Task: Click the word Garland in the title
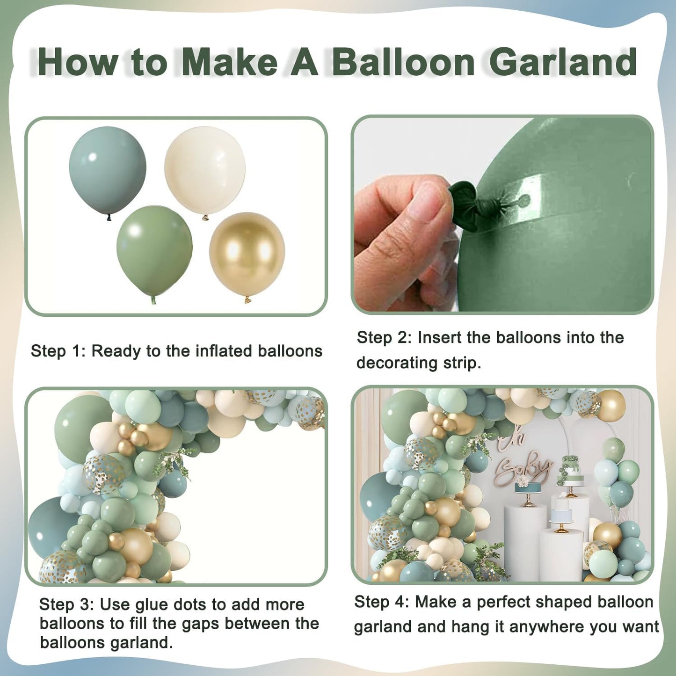coord(563,62)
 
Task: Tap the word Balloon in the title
coord(403,62)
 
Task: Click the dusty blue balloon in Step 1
coord(107,169)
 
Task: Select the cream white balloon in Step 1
coord(205,170)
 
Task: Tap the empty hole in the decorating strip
coord(523,200)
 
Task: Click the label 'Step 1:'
coord(58,351)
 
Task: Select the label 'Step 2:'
coord(384,338)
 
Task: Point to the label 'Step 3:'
coord(66,604)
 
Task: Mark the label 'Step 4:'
coord(381,602)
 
